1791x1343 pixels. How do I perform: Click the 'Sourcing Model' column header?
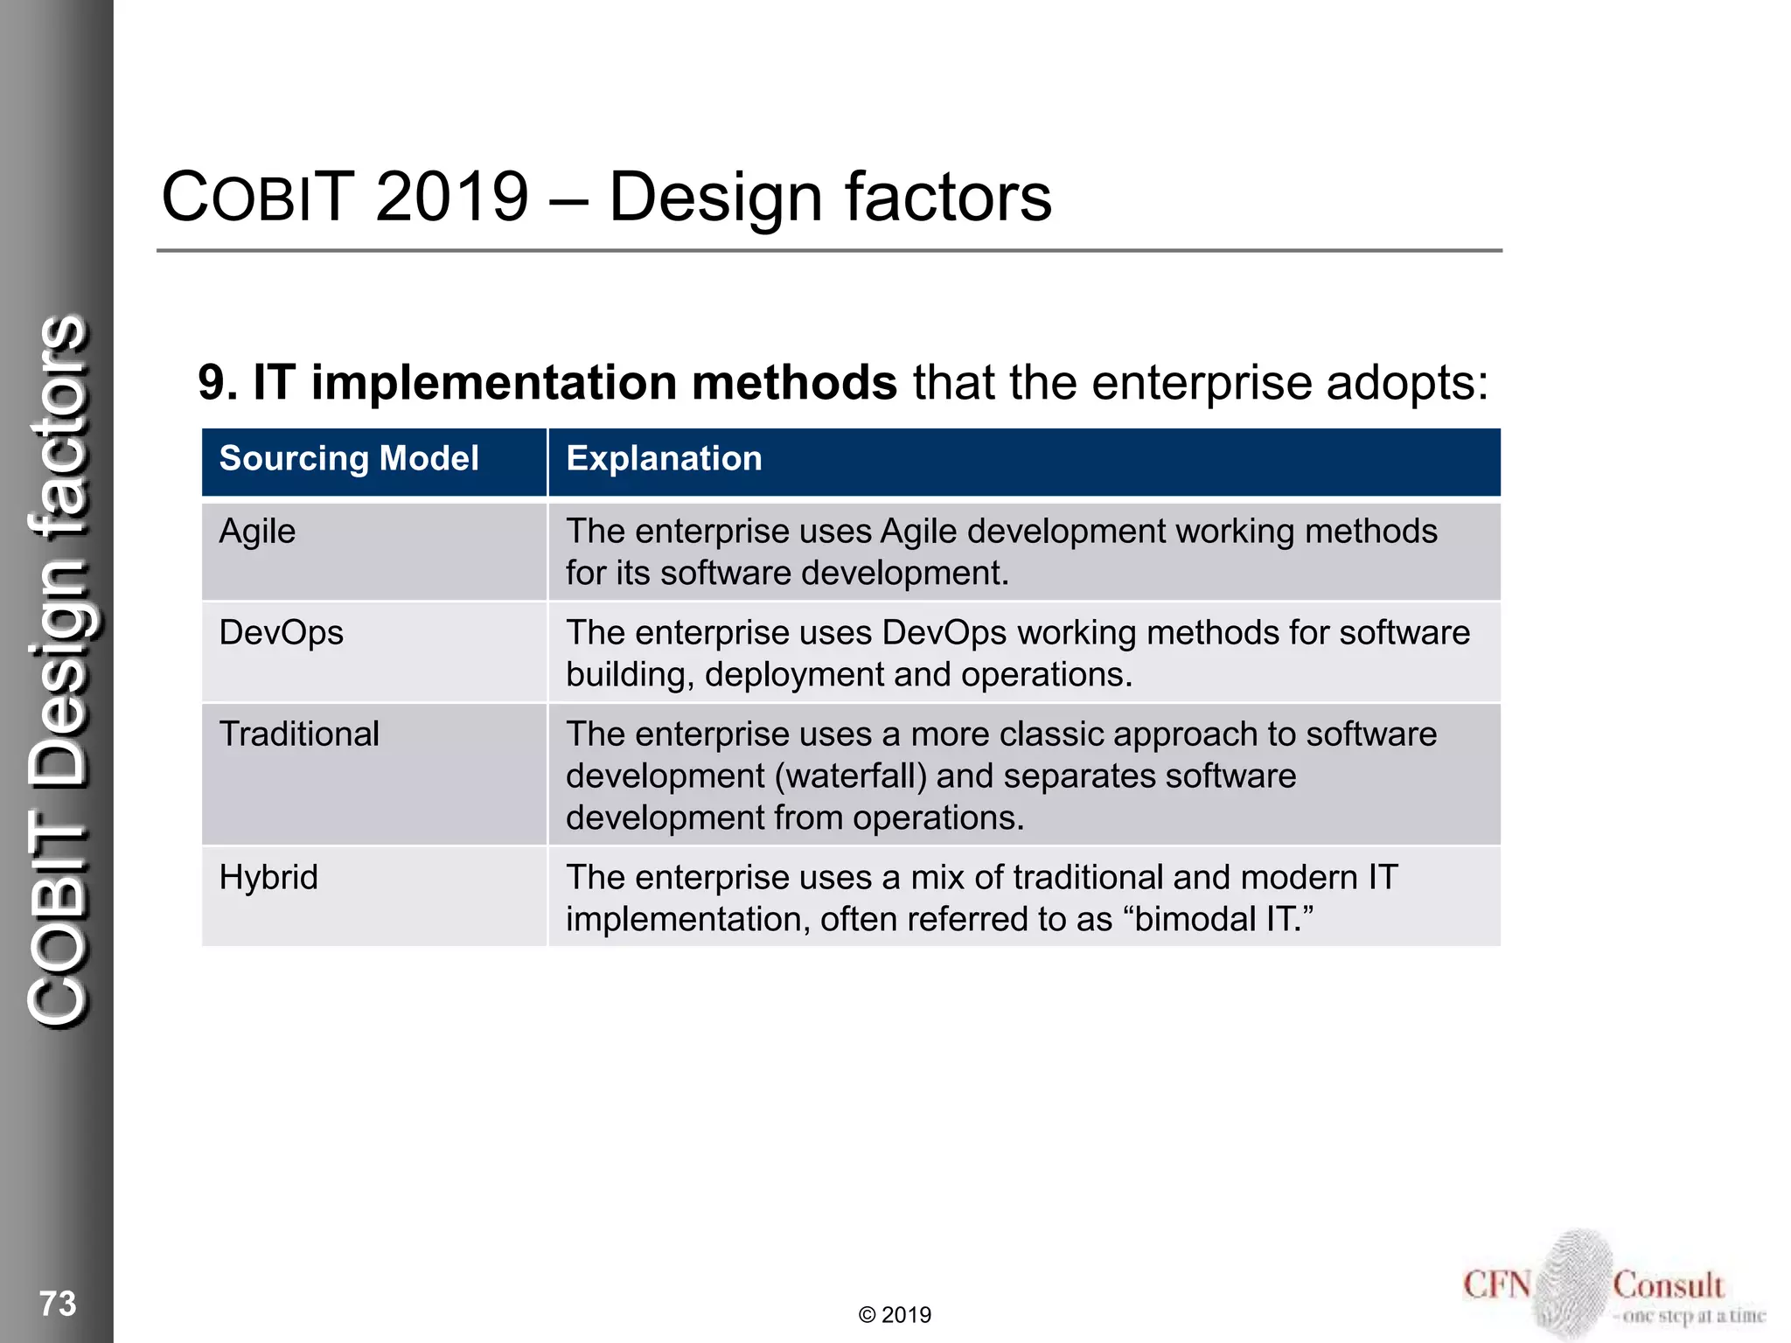(x=349, y=459)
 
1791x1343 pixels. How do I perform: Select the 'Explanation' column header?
(x=664, y=459)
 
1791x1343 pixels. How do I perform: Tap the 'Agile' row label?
(x=257, y=532)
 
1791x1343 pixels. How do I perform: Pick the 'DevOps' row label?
(x=281, y=633)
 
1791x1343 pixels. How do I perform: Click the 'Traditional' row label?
(x=299, y=734)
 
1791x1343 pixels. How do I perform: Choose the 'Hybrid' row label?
(x=268, y=878)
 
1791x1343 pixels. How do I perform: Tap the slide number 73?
(x=58, y=1304)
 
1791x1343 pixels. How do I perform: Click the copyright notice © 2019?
(x=895, y=1315)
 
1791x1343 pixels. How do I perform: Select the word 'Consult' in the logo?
(x=1668, y=1285)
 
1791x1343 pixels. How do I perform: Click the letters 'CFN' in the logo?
(x=1496, y=1285)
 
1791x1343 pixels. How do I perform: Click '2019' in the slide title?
(x=452, y=197)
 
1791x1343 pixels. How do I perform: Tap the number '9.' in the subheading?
(x=218, y=383)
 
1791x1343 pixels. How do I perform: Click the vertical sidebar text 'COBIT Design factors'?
(x=59, y=669)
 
